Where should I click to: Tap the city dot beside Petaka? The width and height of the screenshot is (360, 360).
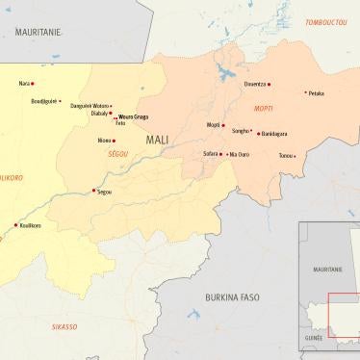(305, 92)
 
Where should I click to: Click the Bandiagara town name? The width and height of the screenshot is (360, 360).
(274, 134)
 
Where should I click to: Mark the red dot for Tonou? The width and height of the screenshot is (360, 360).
(296, 155)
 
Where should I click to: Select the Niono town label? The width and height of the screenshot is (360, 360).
(104, 141)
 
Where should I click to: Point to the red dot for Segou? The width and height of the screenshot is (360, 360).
(93, 191)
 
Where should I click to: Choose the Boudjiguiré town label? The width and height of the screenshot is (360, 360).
(44, 100)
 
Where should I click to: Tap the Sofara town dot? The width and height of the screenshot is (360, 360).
(223, 153)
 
